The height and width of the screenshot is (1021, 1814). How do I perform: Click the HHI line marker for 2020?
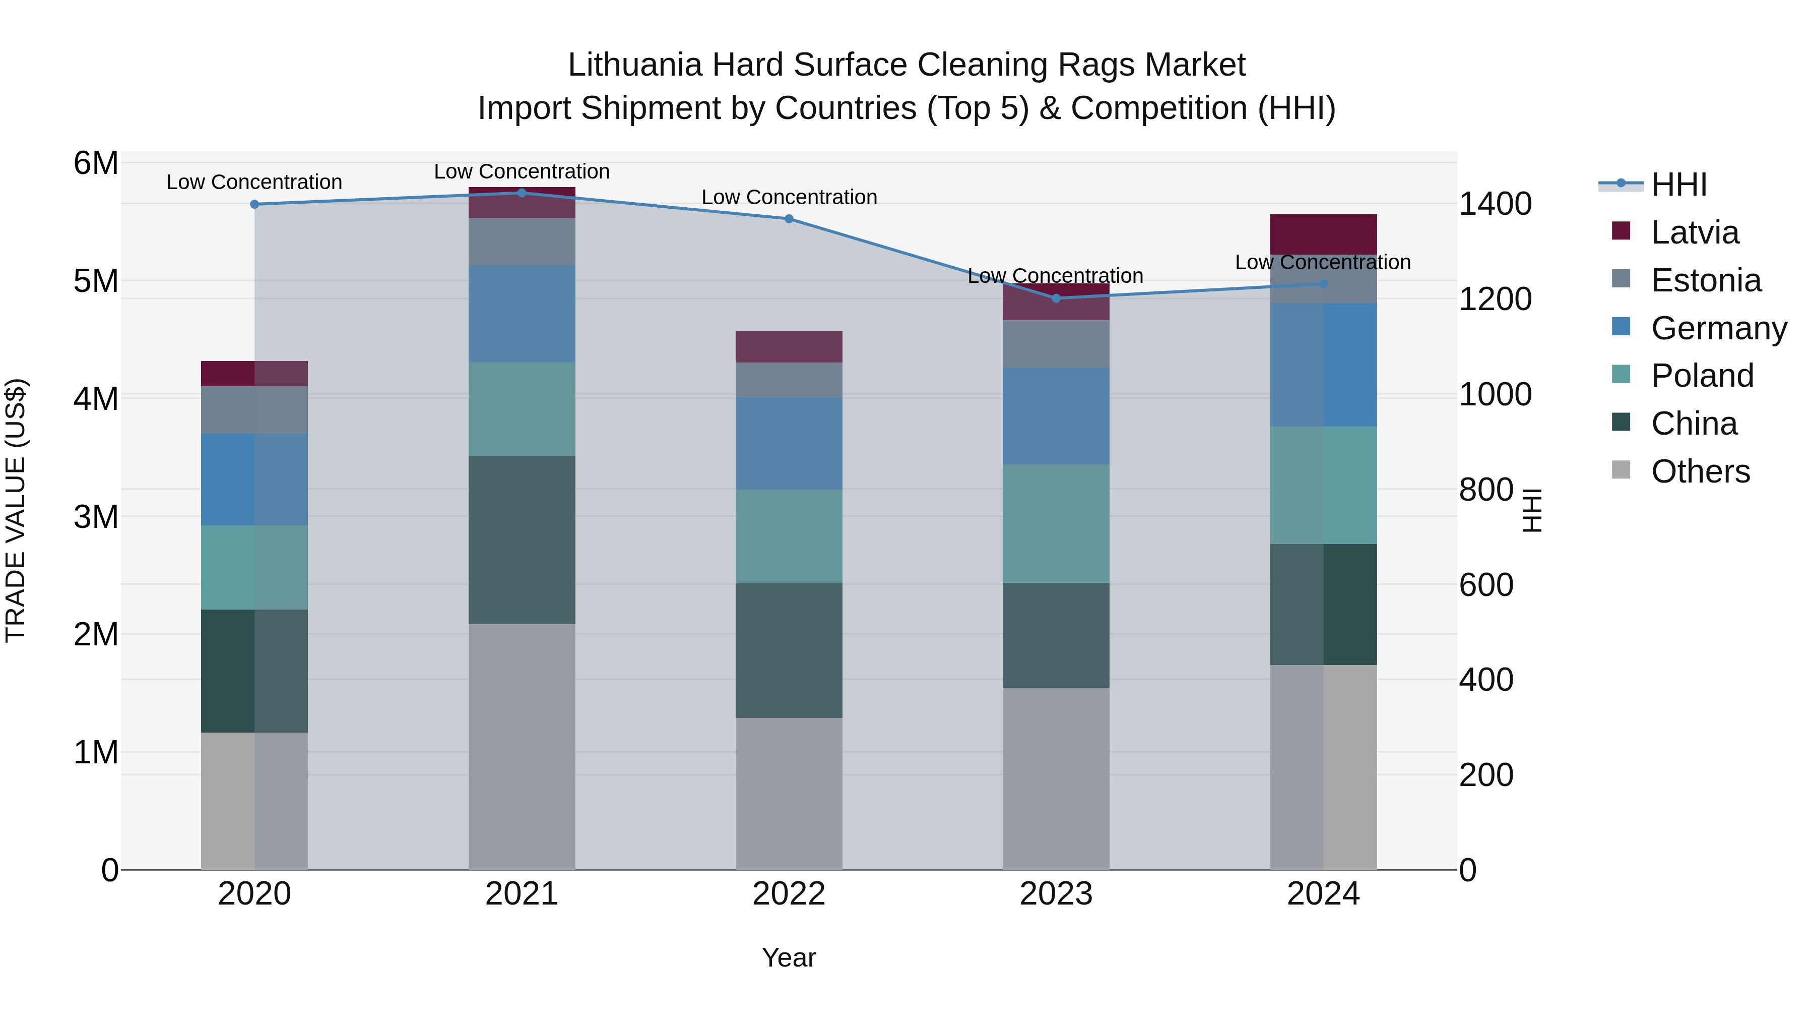255,204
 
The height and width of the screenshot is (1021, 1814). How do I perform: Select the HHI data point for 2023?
1056,298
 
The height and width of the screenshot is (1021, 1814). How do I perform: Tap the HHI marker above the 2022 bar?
789,219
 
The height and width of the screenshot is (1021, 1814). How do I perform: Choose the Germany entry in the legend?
1718,328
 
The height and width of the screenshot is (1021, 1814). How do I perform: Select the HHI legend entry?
1679,185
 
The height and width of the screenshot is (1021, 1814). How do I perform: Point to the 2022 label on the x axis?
789,894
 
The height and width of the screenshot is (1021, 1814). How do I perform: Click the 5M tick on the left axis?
96,281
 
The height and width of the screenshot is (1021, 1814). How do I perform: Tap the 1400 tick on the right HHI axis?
1495,204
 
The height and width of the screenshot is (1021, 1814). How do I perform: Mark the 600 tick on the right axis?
1486,585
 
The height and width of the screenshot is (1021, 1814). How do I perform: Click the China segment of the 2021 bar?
522,539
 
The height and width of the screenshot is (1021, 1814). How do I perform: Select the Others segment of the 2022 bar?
789,794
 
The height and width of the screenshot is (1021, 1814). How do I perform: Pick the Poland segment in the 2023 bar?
1056,523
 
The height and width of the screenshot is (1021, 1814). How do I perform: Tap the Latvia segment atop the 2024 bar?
1323,234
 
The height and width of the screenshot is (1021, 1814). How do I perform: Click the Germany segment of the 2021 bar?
522,314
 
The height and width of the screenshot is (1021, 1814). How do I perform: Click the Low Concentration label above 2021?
522,171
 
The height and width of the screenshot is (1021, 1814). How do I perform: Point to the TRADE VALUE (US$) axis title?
16,510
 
